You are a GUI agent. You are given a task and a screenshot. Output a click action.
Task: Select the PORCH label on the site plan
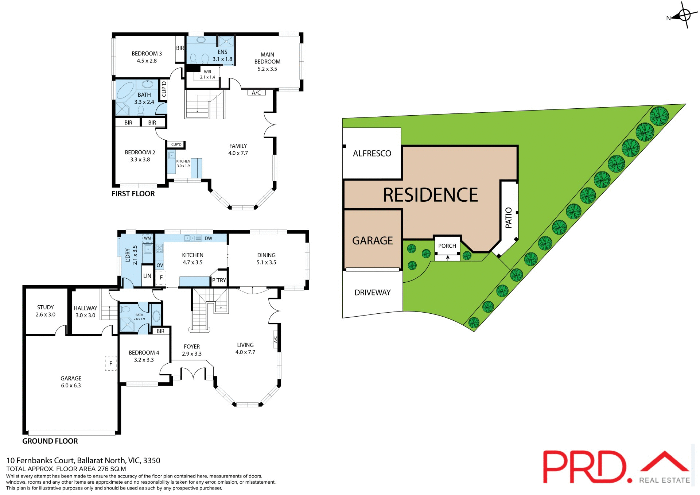click(x=447, y=246)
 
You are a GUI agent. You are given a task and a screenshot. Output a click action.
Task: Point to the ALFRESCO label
click(x=372, y=154)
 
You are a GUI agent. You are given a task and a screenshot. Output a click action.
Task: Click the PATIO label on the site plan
click(x=509, y=218)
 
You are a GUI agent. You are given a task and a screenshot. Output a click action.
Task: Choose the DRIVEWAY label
click(x=372, y=293)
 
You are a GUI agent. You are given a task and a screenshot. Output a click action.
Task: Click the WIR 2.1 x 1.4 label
click(x=207, y=74)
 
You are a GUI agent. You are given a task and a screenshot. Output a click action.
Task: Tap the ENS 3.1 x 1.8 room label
click(x=222, y=55)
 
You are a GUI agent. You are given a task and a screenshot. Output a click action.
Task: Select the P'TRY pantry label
click(x=219, y=280)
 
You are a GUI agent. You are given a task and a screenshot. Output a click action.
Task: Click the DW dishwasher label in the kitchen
click(x=208, y=239)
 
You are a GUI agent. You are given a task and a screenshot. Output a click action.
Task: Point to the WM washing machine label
click(x=147, y=238)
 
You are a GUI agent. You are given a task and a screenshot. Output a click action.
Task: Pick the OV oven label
click(x=160, y=265)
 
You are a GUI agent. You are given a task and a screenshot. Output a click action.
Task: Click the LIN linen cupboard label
click(x=147, y=276)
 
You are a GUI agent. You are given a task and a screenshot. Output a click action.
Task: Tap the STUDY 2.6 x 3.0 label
click(x=46, y=311)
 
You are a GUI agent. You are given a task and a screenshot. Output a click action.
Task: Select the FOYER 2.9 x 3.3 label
click(x=192, y=350)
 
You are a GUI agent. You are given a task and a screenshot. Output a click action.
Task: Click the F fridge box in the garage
click(x=111, y=363)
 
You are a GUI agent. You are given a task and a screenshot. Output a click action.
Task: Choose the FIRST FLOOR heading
click(x=133, y=194)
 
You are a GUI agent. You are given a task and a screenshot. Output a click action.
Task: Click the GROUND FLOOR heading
click(x=50, y=441)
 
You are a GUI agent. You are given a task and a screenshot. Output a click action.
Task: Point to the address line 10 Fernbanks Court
click(x=83, y=460)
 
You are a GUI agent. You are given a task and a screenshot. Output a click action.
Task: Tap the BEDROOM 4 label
click(x=144, y=356)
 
